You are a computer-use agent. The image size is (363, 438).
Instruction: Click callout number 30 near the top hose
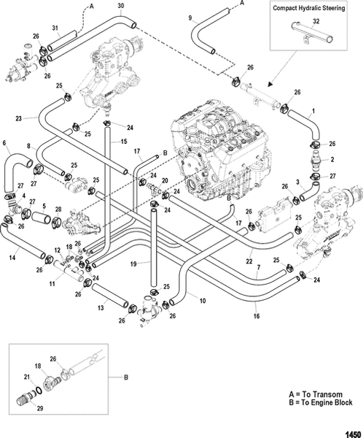[120, 7]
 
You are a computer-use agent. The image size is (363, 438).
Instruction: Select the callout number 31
[55, 28]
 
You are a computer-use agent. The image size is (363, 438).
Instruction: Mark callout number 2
[332, 159]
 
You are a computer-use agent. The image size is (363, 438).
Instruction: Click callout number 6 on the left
[4, 142]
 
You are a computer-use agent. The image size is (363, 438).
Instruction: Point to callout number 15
[124, 140]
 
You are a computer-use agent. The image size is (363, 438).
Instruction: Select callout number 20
[165, 180]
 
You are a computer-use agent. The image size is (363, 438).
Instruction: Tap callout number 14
[12, 258]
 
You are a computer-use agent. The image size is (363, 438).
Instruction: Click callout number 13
[101, 309]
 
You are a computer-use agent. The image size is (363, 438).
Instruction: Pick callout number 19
[133, 262]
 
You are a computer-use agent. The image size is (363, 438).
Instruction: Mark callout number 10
[202, 300]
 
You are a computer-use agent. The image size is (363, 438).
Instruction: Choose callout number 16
[255, 318]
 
